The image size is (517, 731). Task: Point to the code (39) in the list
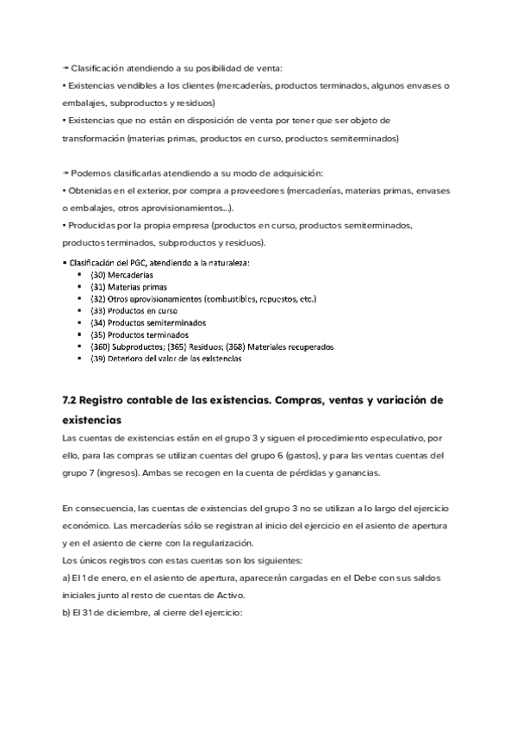tap(97, 359)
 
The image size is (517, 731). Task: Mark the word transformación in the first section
tap(93, 138)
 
